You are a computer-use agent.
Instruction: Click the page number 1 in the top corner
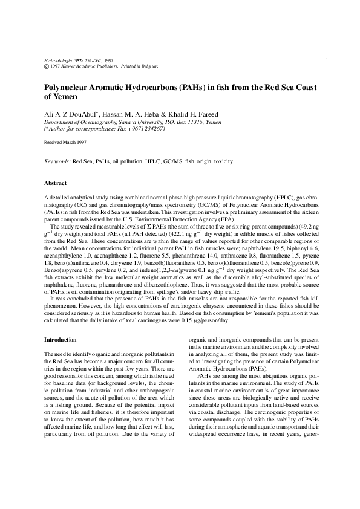click(327, 60)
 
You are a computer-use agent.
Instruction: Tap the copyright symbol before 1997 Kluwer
click(47, 67)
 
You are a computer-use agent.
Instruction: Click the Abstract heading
click(56, 183)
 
